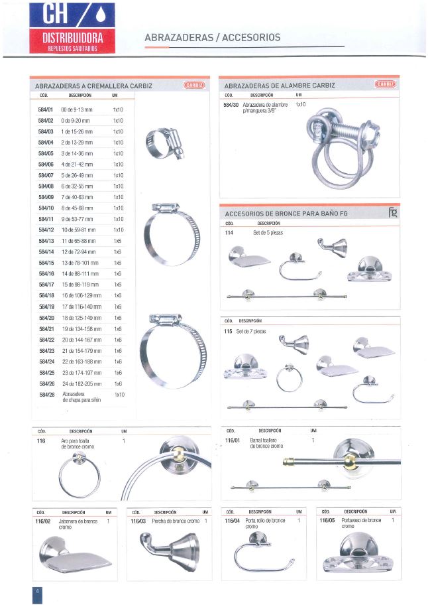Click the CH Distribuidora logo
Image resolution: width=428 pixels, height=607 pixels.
[72, 27]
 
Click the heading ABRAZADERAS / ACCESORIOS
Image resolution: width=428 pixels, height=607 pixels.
[212, 38]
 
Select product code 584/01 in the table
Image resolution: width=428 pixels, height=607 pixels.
[45, 109]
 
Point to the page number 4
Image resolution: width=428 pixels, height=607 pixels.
[38, 592]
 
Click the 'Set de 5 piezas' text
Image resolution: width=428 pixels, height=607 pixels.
[268, 234]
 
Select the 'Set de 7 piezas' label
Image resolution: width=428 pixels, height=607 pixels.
[250, 331]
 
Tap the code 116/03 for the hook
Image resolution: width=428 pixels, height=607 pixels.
[138, 521]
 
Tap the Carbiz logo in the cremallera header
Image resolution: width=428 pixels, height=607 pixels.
[194, 85]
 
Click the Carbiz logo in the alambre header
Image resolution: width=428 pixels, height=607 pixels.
[385, 84]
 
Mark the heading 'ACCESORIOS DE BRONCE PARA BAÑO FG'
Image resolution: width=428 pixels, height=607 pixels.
[286, 214]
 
